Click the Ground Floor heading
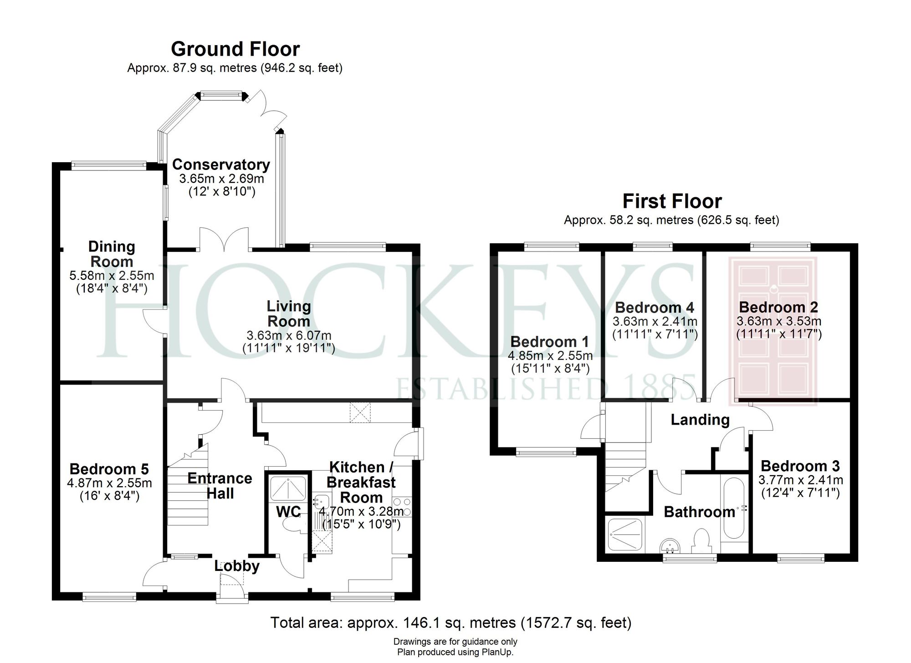click(x=235, y=49)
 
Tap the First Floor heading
click(x=672, y=201)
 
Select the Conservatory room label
click(x=221, y=164)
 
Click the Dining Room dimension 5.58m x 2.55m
click(x=112, y=276)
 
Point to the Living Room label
click(x=289, y=314)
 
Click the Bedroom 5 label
click(x=109, y=469)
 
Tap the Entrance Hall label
click(x=220, y=486)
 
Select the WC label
click(x=288, y=512)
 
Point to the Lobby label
click(x=237, y=566)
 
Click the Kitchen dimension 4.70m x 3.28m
click(x=361, y=512)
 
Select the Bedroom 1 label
click(x=550, y=342)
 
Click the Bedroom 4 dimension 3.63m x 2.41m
click(x=655, y=321)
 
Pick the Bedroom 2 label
click(x=778, y=307)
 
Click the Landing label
click(x=700, y=420)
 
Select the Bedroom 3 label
click(x=800, y=466)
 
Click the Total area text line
click(x=451, y=622)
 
